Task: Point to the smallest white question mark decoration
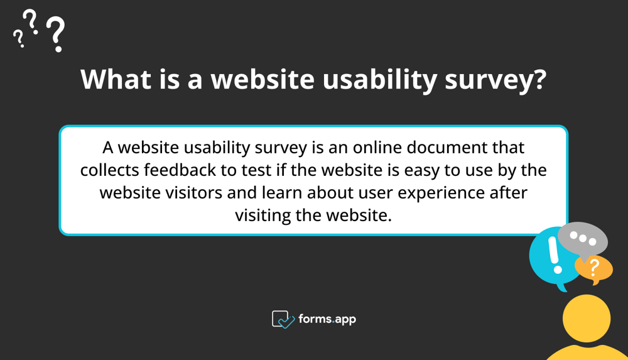click(x=19, y=40)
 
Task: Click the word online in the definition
click(x=381, y=148)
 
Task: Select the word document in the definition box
click(x=457, y=148)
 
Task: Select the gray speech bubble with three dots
click(x=583, y=239)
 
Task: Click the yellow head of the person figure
click(x=587, y=319)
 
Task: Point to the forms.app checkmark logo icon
click(x=283, y=319)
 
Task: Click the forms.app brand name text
click(x=327, y=319)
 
